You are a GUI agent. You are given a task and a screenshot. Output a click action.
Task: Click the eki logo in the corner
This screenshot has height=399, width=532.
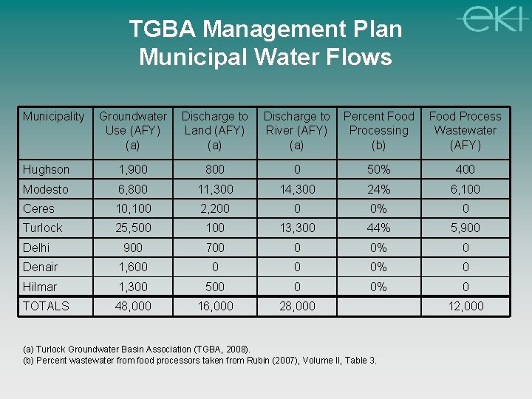[x=491, y=18]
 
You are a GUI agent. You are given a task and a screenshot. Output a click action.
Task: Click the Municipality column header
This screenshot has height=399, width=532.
[x=53, y=116]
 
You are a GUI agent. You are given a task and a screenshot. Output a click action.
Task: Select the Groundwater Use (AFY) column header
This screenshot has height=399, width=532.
[x=133, y=130]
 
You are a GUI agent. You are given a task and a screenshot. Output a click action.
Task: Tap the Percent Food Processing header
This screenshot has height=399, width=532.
[x=379, y=130]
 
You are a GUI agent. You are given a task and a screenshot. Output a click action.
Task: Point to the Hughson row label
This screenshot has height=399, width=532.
[x=46, y=169]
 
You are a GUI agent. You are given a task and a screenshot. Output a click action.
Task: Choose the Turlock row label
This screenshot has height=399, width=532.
[x=42, y=228]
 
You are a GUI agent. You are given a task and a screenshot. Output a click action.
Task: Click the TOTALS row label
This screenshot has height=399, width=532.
[x=46, y=306]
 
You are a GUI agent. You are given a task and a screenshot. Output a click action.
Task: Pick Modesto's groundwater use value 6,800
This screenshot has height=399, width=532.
[x=133, y=189]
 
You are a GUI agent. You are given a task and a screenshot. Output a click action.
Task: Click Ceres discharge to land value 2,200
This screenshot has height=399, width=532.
[x=215, y=208]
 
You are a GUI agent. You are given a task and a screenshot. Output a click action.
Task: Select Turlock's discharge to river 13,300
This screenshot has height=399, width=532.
[x=297, y=228]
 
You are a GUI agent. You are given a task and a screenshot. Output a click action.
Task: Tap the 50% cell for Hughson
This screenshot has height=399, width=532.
[x=379, y=169]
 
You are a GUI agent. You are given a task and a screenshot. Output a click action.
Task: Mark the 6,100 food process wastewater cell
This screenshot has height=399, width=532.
[x=465, y=189]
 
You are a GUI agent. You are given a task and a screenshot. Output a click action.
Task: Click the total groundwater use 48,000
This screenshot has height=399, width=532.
[x=133, y=306]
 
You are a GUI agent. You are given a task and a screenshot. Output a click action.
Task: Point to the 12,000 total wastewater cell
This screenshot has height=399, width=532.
[x=465, y=306]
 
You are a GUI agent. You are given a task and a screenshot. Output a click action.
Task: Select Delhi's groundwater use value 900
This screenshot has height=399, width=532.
[x=133, y=248]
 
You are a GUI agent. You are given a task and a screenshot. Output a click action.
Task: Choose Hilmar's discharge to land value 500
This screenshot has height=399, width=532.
[x=215, y=287]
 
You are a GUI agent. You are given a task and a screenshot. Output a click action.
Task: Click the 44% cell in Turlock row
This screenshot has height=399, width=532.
[x=379, y=228]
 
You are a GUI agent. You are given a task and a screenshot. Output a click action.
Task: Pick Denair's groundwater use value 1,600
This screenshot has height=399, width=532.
[x=133, y=267]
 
